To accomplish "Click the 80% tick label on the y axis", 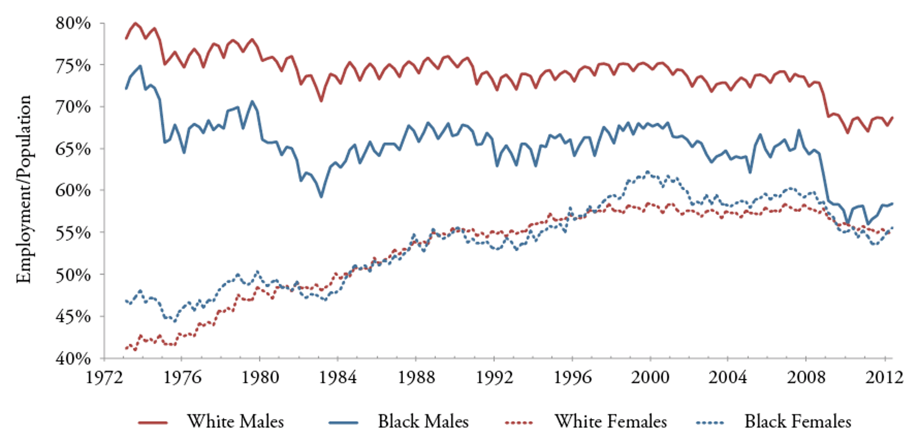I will click(75, 23).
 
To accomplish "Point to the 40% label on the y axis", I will click(75, 358).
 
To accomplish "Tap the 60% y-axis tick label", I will click(75, 191).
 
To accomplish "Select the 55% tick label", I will click(75, 232).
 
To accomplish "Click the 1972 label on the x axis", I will click(103, 376).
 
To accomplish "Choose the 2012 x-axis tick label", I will click(884, 376).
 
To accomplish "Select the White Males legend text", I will click(235, 422).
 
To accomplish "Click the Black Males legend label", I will click(423, 422).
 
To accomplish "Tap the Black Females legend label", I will click(798, 422).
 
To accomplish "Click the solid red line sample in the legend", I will click(153, 422).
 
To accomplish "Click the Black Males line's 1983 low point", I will click(321, 197).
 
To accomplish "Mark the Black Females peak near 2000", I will click(648, 172).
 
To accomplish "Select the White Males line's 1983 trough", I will click(321, 101).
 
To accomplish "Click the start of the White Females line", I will click(127, 348).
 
